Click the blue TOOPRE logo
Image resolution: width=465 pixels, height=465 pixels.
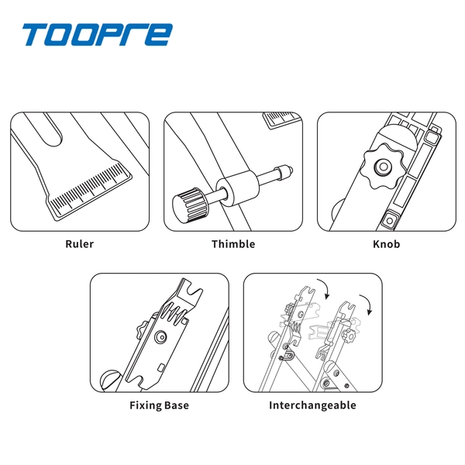(98, 34)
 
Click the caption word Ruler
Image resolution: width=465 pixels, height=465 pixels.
(80, 244)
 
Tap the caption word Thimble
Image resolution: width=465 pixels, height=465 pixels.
(233, 244)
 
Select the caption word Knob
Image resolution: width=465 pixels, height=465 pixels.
(387, 244)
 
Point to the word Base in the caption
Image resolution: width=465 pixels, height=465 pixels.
(177, 405)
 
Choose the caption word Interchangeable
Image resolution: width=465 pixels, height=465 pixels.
(312, 405)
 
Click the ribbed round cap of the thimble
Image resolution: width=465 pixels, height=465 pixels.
(191, 205)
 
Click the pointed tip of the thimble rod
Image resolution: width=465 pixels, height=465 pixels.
(291, 170)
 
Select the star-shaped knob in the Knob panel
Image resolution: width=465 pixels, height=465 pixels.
(383, 167)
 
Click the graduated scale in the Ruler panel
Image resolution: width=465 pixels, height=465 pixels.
(90, 190)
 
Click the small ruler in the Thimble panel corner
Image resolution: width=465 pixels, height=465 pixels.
(282, 119)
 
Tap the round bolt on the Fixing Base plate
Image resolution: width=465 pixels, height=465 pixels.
(160, 337)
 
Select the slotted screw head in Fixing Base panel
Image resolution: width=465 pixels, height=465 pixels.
(110, 381)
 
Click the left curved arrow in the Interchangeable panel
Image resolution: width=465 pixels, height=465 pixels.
(324, 288)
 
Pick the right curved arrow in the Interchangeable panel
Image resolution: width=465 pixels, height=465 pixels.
(367, 305)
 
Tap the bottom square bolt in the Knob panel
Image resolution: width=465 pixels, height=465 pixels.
(389, 220)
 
